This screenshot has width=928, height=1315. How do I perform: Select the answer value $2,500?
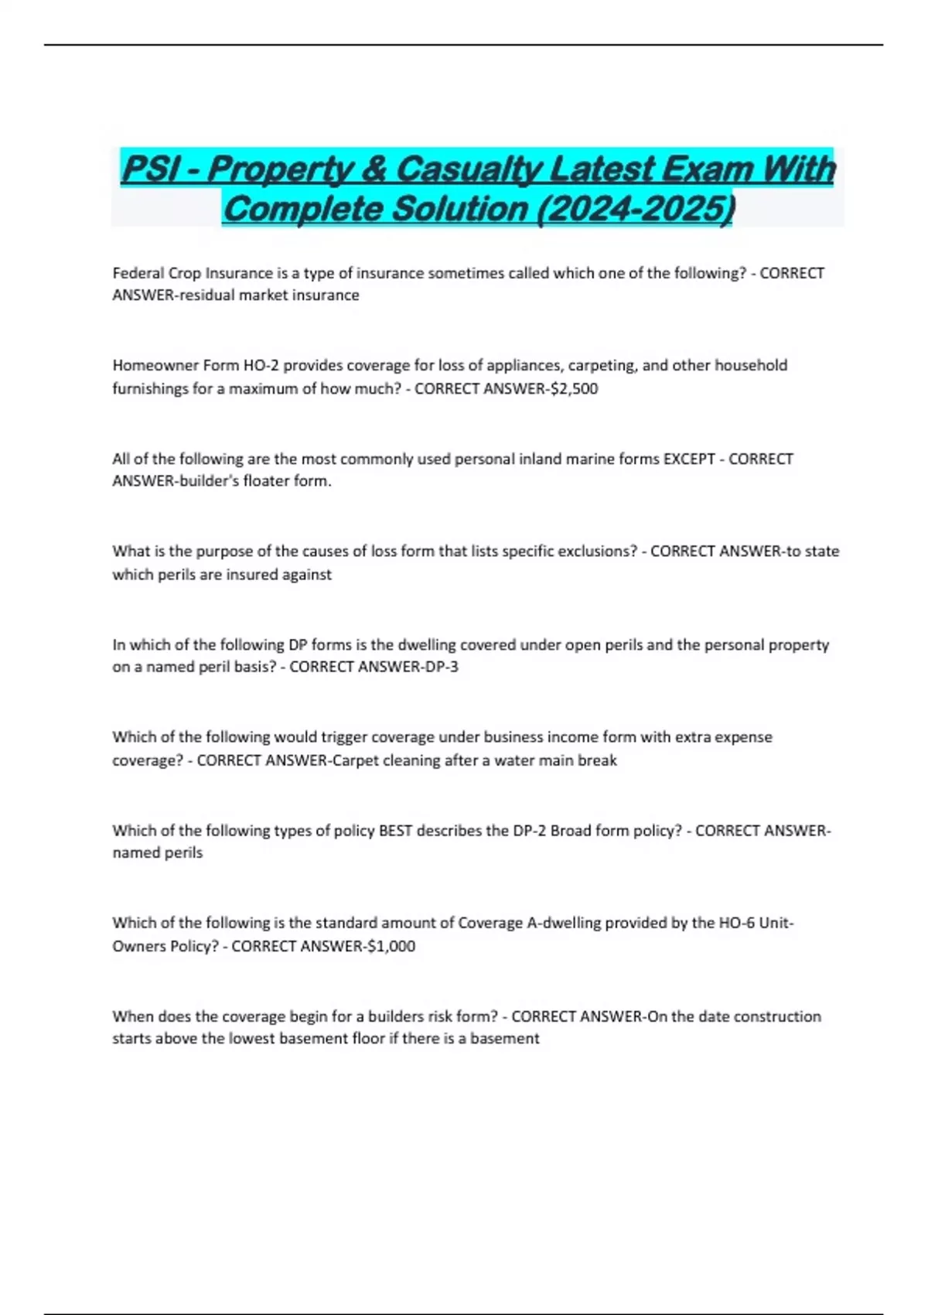click(573, 388)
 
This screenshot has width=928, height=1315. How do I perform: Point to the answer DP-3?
click(437, 667)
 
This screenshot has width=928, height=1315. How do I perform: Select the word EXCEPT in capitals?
click(689, 459)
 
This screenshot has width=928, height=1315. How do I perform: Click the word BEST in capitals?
click(397, 831)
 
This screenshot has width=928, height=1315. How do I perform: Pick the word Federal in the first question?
click(138, 273)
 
